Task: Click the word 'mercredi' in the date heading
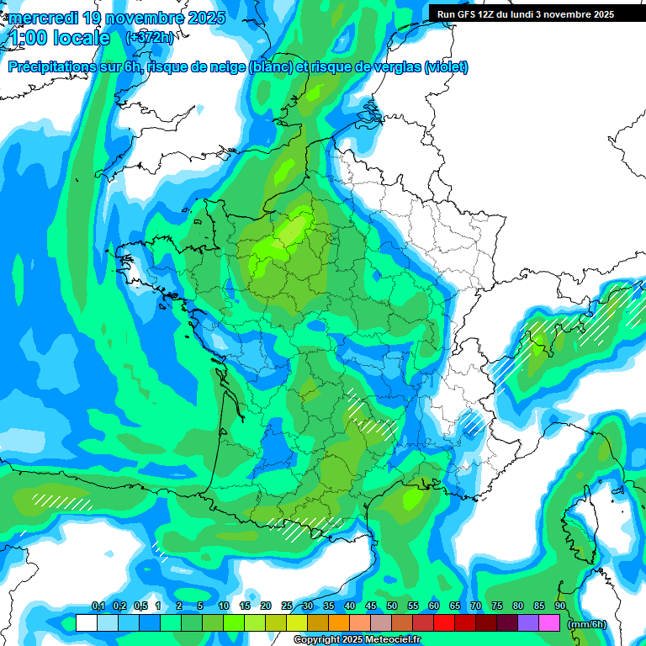pyautogui.click(x=42, y=17)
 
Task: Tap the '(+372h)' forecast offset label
pyautogui.click(x=149, y=38)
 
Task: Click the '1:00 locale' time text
pyautogui.click(x=60, y=38)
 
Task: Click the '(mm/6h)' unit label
pyautogui.click(x=587, y=624)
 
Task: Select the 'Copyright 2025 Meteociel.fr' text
pyautogui.click(x=357, y=640)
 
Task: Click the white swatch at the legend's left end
pyautogui.click(x=86, y=623)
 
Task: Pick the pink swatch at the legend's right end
pyautogui.click(x=549, y=623)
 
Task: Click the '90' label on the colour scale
pyautogui.click(x=560, y=606)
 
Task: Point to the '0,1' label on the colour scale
pyautogui.click(x=98, y=606)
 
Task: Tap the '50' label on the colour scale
pyautogui.click(x=392, y=606)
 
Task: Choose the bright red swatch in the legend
pyautogui.click(x=444, y=623)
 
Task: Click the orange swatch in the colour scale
pyautogui.click(x=339, y=623)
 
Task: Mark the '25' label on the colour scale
pyautogui.click(x=287, y=606)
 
